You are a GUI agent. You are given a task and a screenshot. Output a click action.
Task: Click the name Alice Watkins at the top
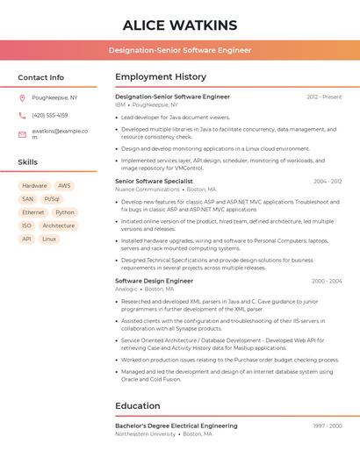[x=180, y=25]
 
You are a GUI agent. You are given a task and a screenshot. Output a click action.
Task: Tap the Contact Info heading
[x=41, y=77]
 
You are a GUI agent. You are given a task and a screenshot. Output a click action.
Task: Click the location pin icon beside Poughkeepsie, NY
[x=22, y=97]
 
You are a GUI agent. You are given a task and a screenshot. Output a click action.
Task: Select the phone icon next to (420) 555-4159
[x=22, y=115]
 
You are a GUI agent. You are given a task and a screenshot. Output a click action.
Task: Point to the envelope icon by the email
[x=22, y=133]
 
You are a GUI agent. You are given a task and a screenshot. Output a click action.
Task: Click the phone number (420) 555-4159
[x=50, y=115]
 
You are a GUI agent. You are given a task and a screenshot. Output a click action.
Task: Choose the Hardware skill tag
[x=34, y=186]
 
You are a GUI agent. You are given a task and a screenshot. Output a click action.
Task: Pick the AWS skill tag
[x=64, y=186]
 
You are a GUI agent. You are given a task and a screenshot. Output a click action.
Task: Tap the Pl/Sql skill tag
[x=53, y=199]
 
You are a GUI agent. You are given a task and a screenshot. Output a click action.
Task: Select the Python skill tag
[x=65, y=212]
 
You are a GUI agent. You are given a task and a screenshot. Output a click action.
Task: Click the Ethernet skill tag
[x=32, y=212]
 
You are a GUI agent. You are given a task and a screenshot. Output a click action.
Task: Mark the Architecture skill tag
[x=59, y=225]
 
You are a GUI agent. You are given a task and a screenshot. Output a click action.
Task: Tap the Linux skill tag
[x=49, y=239]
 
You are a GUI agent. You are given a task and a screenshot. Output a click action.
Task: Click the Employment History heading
[x=161, y=77]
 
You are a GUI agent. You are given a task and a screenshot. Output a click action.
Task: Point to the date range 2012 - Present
[x=324, y=97]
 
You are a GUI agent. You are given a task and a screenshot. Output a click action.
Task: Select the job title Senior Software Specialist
[x=154, y=182]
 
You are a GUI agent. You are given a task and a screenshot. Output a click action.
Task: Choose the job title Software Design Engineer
[x=154, y=281]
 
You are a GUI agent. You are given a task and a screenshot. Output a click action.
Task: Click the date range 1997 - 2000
[x=328, y=426]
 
